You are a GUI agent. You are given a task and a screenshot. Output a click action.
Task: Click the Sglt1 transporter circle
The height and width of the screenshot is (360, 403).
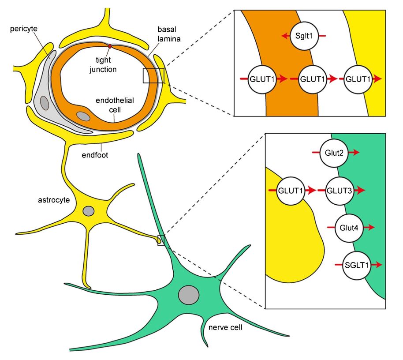tap(304, 36)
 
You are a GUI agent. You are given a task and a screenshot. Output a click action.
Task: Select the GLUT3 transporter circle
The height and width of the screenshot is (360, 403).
tap(341, 191)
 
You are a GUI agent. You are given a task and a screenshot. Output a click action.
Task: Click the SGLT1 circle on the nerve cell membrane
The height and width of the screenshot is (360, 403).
tap(358, 265)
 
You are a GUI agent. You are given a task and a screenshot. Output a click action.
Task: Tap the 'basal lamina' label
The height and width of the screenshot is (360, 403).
tap(169, 35)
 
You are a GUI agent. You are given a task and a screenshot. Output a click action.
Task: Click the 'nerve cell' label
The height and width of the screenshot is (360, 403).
tap(225, 327)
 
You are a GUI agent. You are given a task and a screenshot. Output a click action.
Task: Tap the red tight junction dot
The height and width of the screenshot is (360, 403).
tap(110, 46)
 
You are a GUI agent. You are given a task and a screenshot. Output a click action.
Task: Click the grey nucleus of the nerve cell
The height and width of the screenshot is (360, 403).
tap(189, 294)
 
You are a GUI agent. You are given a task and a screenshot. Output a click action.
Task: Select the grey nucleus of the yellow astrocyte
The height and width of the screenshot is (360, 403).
tap(89, 211)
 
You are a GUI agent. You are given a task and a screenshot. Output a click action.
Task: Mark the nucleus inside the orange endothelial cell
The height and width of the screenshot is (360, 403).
tap(83, 116)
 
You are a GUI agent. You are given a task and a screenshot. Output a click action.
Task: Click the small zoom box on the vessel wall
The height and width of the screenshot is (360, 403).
tap(153, 75)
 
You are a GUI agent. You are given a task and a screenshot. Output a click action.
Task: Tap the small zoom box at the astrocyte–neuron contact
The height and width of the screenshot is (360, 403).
tap(161, 240)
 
